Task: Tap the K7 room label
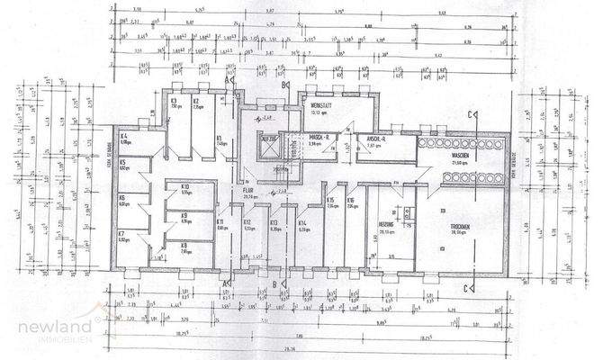122,234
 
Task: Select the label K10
184,188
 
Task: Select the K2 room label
196,101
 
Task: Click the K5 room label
122,163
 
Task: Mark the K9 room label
184,215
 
